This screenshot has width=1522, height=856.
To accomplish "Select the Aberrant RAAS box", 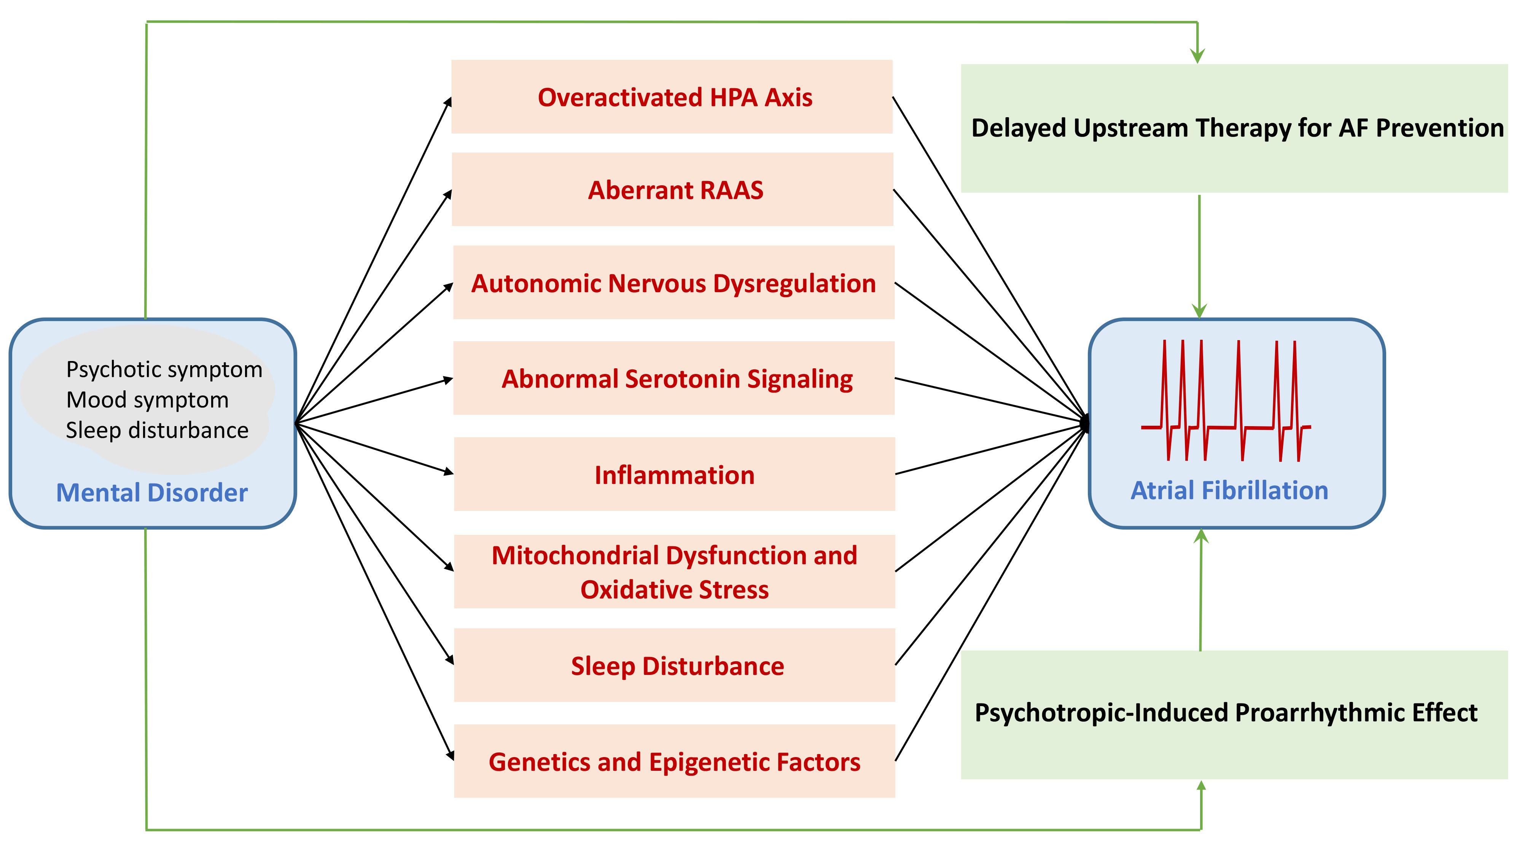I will coord(672,189).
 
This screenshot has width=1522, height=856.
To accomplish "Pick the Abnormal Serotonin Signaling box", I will coord(673,378).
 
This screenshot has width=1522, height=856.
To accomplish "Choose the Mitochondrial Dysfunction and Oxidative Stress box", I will coord(674,571).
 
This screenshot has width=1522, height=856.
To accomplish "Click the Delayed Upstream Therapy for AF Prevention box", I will coord(1234,128).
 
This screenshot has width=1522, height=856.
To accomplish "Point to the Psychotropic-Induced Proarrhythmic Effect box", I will coord(1234,714).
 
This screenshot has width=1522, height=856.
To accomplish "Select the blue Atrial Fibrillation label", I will coord(1229,490).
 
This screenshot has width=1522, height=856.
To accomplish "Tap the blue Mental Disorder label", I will coord(152,492).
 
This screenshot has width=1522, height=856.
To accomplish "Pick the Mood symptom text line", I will coord(147,400).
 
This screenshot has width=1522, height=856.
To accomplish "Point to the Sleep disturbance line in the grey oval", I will coord(157,430).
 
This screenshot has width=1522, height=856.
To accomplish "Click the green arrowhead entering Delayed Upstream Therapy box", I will coord(1197,57).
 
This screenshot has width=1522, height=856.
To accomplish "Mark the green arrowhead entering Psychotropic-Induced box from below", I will coord(1201,787).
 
